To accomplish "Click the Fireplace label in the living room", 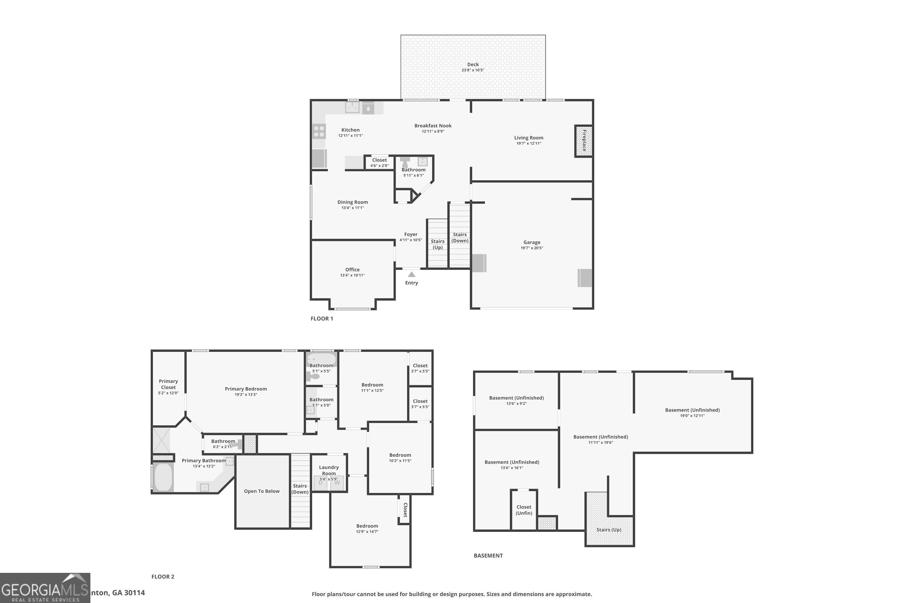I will (x=584, y=141).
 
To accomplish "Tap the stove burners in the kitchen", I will (x=319, y=131).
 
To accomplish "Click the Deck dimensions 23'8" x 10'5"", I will (x=473, y=70).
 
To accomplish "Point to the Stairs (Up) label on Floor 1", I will (x=438, y=244).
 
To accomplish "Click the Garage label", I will (x=532, y=242).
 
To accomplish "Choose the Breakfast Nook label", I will (x=433, y=126).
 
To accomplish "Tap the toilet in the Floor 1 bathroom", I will (x=405, y=162).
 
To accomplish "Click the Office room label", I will (x=352, y=270).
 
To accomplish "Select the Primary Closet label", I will (x=168, y=384).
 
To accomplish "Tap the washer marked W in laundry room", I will (x=337, y=483).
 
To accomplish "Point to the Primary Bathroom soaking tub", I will (x=163, y=477).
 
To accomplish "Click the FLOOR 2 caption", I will (x=163, y=576).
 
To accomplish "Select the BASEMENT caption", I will (x=488, y=555).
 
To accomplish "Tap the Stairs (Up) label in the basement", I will (x=608, y=529).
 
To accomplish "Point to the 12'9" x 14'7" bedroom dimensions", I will (x=367, y=532).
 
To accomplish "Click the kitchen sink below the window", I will (x=352, y=107).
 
